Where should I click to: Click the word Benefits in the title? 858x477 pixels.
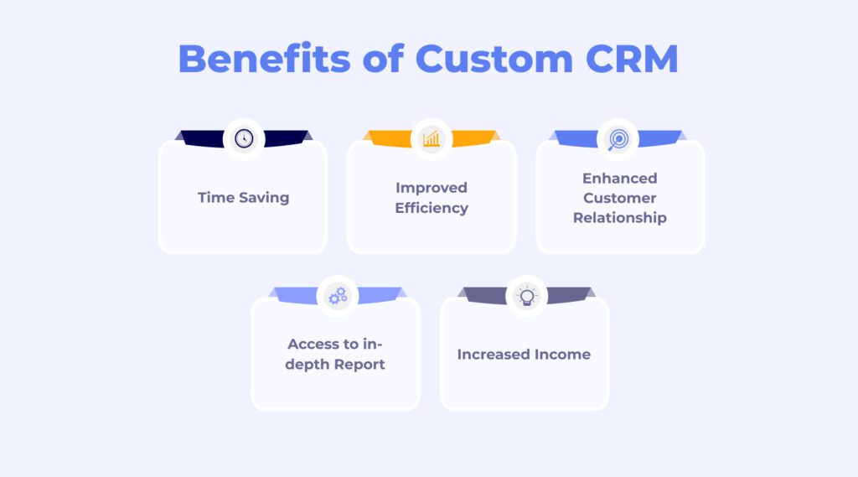click(264, 58)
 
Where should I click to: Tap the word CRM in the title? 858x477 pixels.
click(632, 58)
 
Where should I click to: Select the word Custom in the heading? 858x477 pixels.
click(494, 58)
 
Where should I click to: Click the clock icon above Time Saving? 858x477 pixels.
click(244, 138)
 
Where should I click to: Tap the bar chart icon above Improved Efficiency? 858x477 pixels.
click(432, 138)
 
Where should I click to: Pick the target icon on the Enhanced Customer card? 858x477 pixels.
click(618, 139)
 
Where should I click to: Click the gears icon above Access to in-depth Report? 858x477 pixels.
click(338, 296)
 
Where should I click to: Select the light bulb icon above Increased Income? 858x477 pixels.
click(526, 296)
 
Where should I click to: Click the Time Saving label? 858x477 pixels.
click(244, 197)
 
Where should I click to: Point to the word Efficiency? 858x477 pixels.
click(432, 208)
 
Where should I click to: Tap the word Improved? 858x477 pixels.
click(432, 188)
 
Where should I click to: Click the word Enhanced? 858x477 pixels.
click(620, 178)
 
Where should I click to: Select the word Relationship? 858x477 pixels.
click(620, 218)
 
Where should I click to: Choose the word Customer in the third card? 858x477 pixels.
click(620, 198)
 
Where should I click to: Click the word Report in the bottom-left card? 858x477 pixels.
click(359, 365)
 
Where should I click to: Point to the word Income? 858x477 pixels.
click(562, 355)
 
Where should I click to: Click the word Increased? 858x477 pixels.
click(494, 355)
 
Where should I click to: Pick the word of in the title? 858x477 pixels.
click(383, 58)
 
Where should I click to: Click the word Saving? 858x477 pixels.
click(264, 197)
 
